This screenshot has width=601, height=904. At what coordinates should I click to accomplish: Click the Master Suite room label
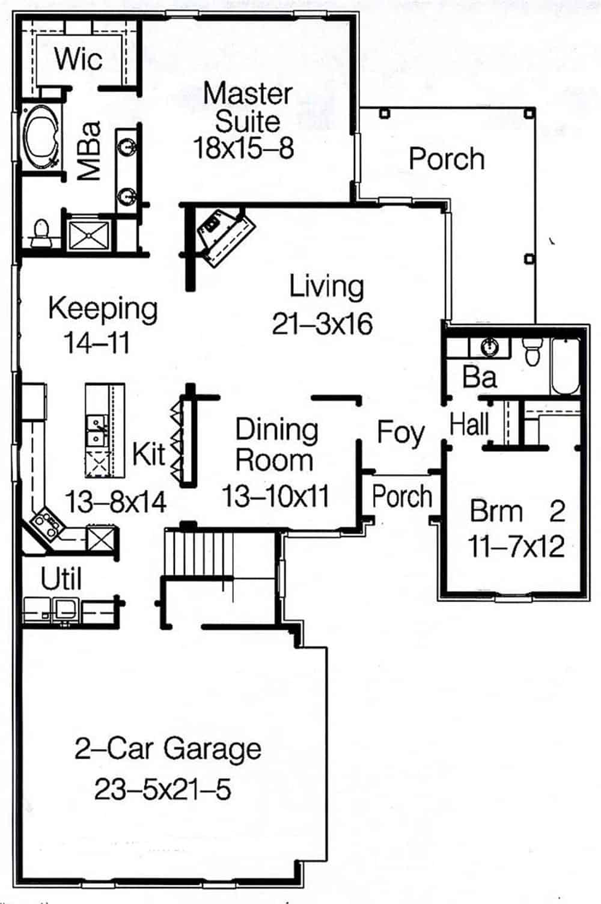pos(247,107)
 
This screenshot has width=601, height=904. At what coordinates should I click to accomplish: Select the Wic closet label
pos(78,59)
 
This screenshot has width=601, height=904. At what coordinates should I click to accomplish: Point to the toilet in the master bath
pos(41,233)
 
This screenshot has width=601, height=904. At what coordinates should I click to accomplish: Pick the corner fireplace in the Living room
pos(225,236)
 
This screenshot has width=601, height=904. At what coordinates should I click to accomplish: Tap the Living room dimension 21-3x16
pos(322,324)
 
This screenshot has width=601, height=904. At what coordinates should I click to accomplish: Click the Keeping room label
pos(103,309)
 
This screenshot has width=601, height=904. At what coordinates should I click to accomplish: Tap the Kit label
pos(148,454)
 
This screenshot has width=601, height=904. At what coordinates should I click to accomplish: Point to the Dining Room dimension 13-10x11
pos(276,496)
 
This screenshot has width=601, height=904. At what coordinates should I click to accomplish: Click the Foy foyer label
pos(400,433)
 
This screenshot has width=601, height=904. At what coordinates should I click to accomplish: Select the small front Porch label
pos(401,496)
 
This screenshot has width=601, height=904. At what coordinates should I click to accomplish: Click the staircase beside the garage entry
pos(198,551)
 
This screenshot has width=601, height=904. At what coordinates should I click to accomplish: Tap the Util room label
pos(61,579)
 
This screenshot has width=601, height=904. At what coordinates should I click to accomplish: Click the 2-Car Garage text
pos(168,749)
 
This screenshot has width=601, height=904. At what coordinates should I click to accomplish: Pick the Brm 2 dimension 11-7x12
pos(516,547)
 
